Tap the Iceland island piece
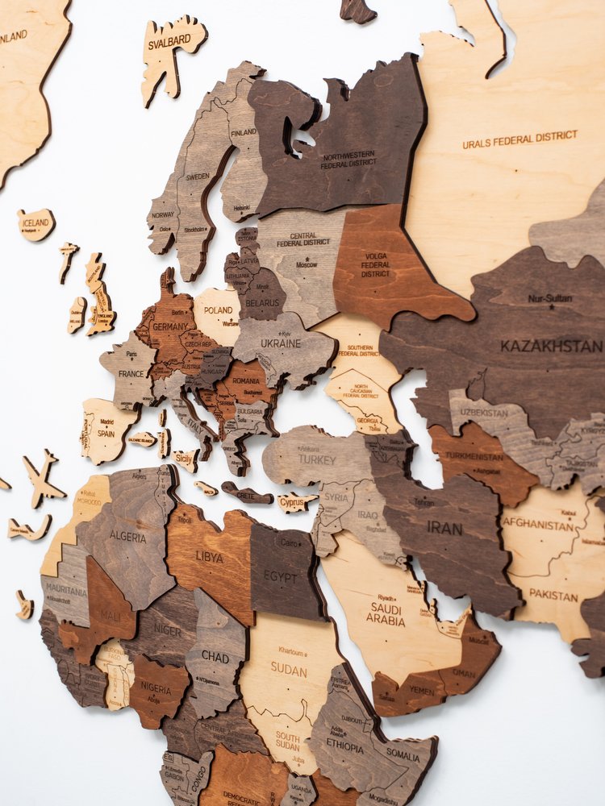coord(36,224)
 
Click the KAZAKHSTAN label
coord(550,346)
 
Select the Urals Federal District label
coord(519,139)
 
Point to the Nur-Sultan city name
coord(550,298)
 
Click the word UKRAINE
coord(280,343)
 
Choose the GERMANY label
coord(170,327)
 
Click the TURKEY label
coord(316,459)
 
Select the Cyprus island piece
coord(295,502)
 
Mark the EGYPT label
coord(281,576)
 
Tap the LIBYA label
coord(209,557)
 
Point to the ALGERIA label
coord(127,537)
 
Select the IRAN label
coord(444,529)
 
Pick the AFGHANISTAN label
coord(538,525)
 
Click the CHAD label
coord(215,657)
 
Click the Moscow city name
coord(306,264)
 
